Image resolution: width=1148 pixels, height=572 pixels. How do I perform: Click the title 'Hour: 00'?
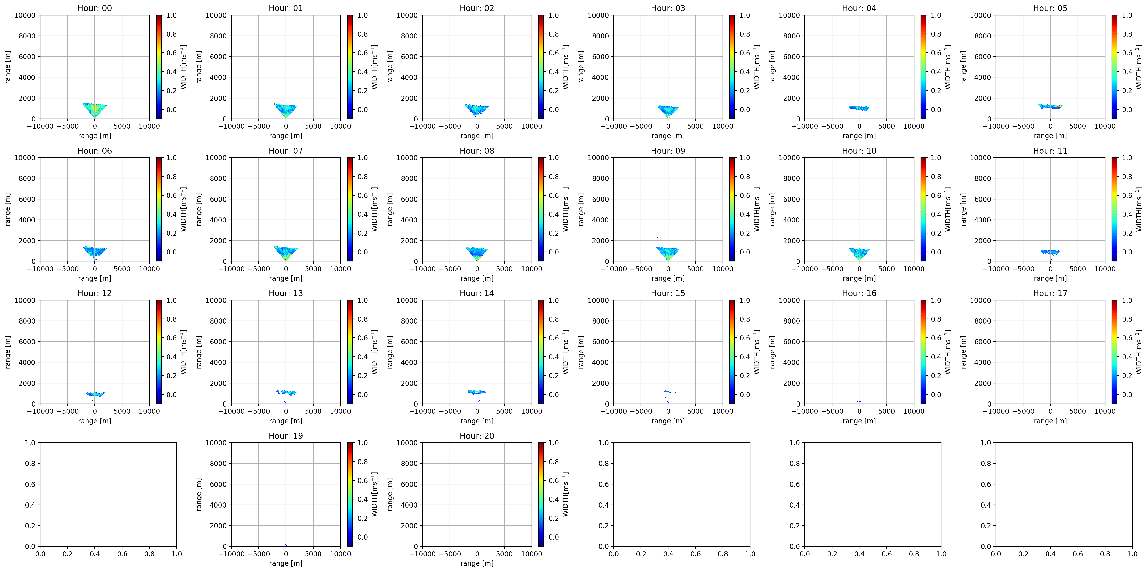[x=94, y=8]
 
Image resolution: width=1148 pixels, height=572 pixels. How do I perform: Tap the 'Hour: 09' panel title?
[x=668, y=151]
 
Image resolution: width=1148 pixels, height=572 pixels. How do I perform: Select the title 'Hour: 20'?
[x=477, y=436]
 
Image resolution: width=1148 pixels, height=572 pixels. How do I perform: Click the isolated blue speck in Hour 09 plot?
[x=656, y=238]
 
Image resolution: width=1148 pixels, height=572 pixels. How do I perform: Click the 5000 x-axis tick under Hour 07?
[x=313, y=269]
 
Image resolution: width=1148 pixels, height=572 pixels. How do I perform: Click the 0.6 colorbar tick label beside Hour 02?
[x=553, y=53]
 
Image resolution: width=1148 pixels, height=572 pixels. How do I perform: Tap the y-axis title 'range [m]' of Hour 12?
[x=8, y=352]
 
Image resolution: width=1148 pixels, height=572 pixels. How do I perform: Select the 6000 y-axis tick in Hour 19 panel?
[x=218, y=484]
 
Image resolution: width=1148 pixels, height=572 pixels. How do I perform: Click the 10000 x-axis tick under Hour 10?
[x=914, y=269]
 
